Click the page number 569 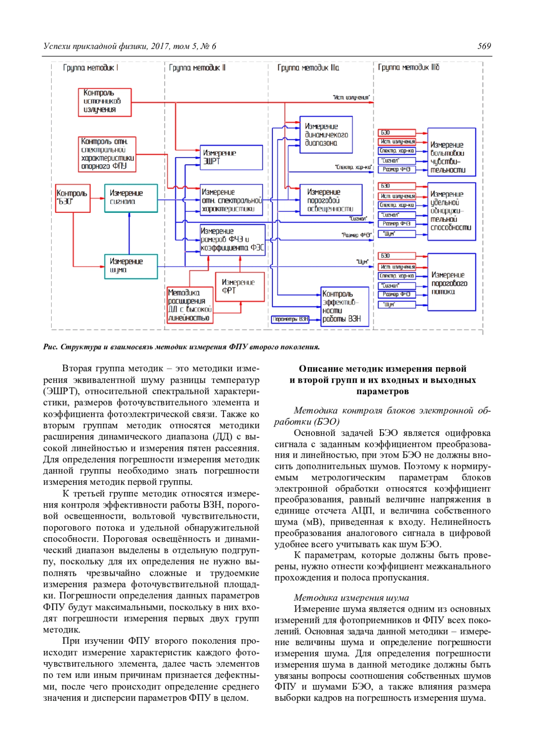point(484,46)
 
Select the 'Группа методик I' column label point(90,68)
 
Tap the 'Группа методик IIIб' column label point(409,67)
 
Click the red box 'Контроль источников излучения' point(105,102)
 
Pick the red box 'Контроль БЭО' point(73,198)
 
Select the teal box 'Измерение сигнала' point(131,198)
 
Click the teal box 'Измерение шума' point(131,266)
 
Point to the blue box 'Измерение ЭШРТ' point(231,157)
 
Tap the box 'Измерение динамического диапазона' point(326,135)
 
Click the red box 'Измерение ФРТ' point(240,287)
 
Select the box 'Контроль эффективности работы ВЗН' point(345,306)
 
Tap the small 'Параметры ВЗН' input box point(290,319)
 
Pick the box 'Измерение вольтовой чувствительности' point(451,152)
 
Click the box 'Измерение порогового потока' point(451,282)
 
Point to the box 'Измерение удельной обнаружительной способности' point(451,211)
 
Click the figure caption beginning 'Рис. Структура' point(182,347)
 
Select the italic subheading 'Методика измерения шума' point(351,597)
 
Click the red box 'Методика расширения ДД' point(190,305)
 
